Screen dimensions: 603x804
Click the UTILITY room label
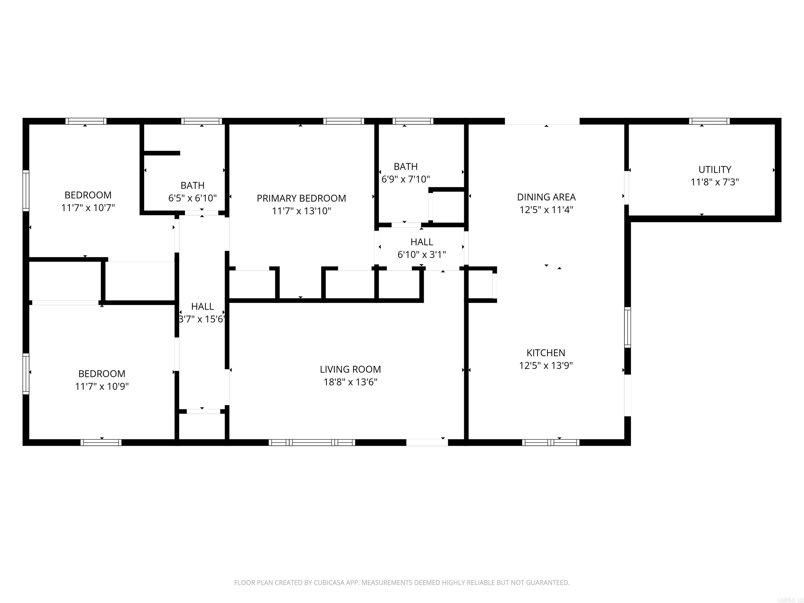coord(714,169)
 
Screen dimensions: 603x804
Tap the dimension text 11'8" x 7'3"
coord(714,182)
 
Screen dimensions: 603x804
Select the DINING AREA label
coord(546,197)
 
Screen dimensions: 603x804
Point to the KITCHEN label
coord(546,353)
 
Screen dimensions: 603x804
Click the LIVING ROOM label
coord(350,369)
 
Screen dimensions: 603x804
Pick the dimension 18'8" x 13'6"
coord(350,382)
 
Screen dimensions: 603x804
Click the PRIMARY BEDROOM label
coord(301,198)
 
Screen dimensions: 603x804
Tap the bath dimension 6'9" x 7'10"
coord(405,179)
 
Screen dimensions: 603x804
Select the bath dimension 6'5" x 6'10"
coord(192,198)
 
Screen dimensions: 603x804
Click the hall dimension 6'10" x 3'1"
coord(421,254)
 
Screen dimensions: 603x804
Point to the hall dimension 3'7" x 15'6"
coord(202,319)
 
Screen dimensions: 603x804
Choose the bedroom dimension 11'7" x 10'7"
coord(88,208)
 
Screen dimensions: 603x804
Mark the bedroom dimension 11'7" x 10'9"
coord(102,386)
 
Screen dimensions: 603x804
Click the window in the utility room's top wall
coord(709,121)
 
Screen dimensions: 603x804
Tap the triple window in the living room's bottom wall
coord(312,442)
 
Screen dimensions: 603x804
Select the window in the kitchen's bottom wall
coord(550,442)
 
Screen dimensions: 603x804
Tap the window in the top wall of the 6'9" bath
coord(412,121)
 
